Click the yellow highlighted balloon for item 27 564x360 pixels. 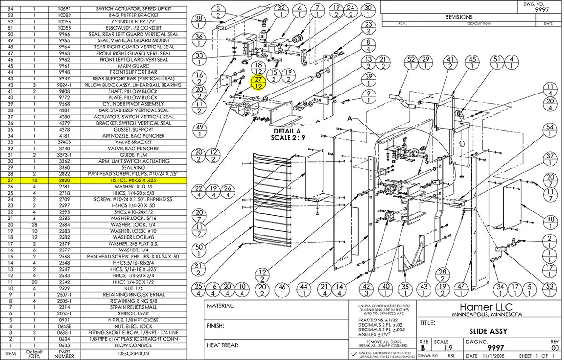point(258,83)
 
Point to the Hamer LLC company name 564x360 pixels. point(488,306)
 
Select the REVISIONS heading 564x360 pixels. point(459,17)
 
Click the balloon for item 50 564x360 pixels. point(199,250)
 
